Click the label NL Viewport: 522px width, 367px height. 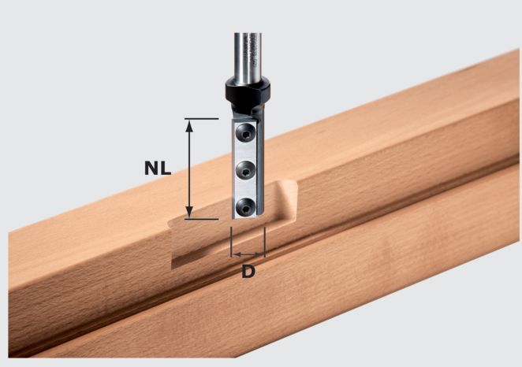coord(159,168)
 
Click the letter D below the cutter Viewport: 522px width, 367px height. coord(248,272)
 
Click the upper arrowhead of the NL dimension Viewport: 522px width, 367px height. coord(189,124)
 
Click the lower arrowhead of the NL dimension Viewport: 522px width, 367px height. coord(189,213)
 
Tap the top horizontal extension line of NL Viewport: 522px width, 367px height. coord(201,119)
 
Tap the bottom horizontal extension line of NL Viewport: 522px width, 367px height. coord(201,218)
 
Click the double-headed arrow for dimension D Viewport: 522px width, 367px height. coord(248,254)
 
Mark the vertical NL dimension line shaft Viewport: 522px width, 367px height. coord(189,168)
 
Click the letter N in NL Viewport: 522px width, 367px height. coord(152,168)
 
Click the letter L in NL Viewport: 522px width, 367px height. coord(166,168)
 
